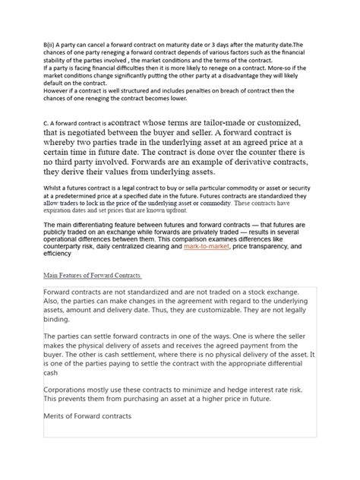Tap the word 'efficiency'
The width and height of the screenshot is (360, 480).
pyautogui.click(x=60, y=254)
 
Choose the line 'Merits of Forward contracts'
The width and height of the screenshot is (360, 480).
pyautogui.click(x=88, y=417)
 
